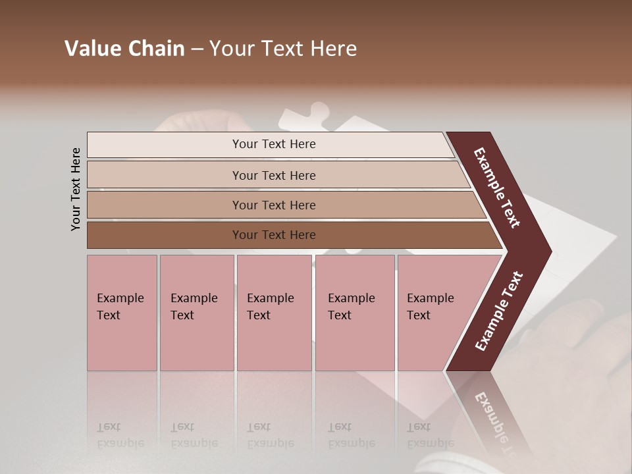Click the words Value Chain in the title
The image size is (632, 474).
tap(124, 49)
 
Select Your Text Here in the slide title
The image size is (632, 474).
tap(283, 49)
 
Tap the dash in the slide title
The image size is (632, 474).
tap(197, 49)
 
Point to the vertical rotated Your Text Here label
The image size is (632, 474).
tap(76, 189)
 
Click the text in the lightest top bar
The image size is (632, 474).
tap(274, 144)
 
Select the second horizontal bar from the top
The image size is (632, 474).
tap(274, 175)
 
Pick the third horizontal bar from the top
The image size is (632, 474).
tap(274, 205)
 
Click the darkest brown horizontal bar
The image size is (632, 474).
tap(274, 235)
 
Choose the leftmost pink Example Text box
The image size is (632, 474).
tap(122, 313)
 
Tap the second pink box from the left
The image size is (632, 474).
tap(196, 313)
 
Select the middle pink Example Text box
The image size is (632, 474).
tap(274, 313)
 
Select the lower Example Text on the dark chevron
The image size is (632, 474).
tap(499, 311)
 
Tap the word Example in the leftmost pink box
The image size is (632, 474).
tap(120, 298)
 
